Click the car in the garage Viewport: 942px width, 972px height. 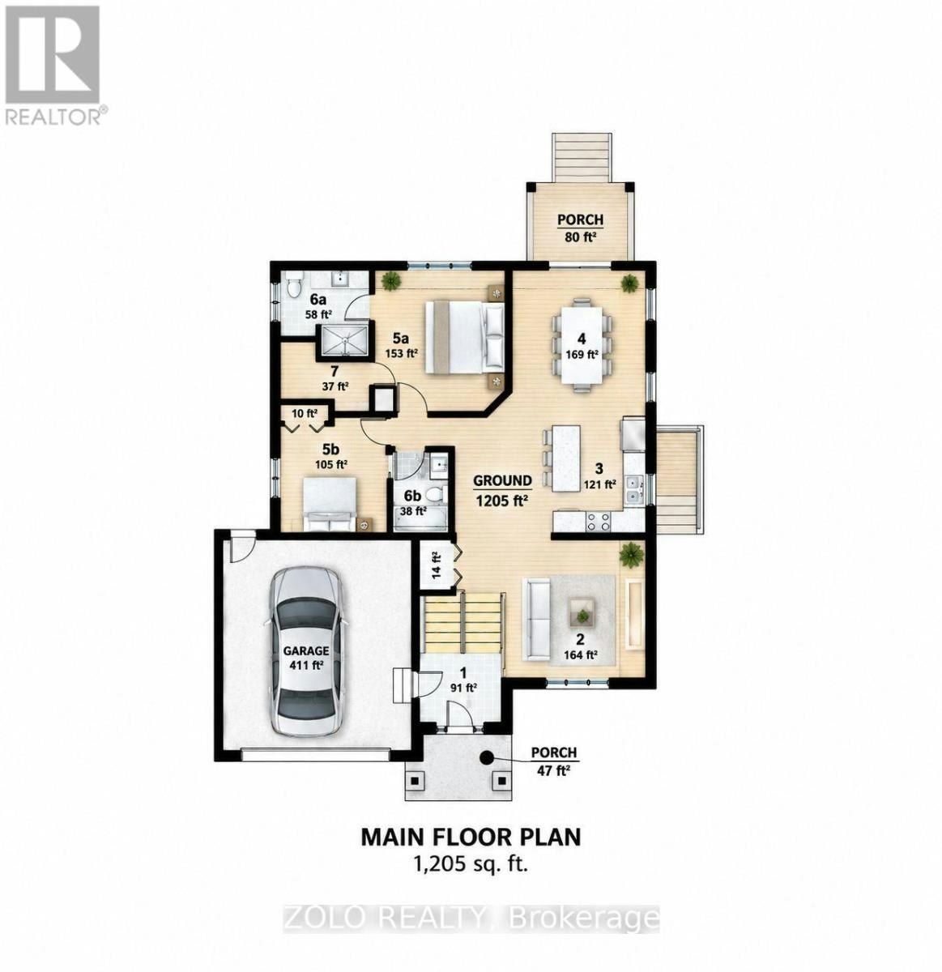click(305, 652)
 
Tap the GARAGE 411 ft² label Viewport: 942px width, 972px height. click(305, 658)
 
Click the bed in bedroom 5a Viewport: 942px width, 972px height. click(464, 337)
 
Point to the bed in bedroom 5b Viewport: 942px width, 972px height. click(330, 504)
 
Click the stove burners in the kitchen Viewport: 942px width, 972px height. click(599, 522)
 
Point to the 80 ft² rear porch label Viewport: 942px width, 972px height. click(581, 228)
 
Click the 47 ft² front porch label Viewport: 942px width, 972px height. click(553, 761)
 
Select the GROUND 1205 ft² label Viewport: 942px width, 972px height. click(502, 491)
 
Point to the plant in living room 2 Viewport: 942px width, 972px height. click(631, 554)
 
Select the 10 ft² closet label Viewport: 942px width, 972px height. click(305, 414)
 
